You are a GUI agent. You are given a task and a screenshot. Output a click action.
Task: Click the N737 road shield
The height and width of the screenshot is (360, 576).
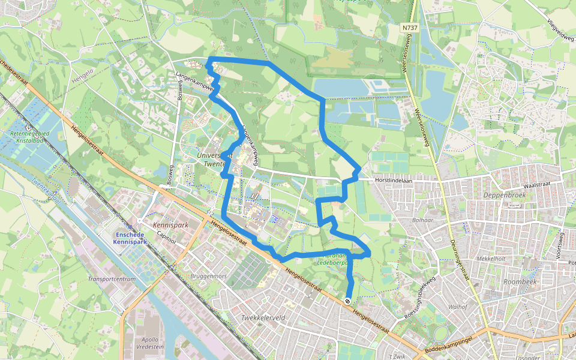(x=410, y=28)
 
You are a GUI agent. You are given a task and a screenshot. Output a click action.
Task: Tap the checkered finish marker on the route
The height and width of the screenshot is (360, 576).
(x=347, y=301)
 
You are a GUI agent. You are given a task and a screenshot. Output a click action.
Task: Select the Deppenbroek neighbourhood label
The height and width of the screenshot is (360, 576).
(x=503, y=195)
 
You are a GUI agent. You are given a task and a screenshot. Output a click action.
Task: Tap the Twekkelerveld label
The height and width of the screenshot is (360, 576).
(x=262, y=317)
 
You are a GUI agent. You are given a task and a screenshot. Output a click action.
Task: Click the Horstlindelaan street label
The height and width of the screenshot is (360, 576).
(x=395, y=179)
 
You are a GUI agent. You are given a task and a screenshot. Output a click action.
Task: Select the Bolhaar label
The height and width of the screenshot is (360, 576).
(x=421, y=220)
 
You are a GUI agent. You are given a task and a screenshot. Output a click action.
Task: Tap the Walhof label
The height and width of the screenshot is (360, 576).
(x=457, y=307)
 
